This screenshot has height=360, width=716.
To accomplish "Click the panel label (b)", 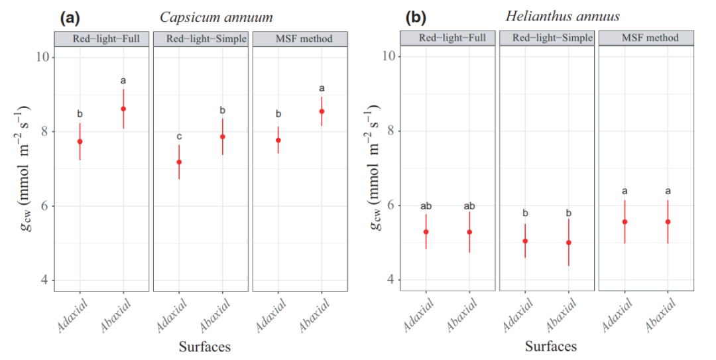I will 416,18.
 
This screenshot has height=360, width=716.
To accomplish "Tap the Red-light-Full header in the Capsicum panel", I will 102,38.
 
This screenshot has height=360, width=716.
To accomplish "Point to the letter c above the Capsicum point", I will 179,137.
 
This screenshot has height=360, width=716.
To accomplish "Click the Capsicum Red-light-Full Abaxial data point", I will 123,109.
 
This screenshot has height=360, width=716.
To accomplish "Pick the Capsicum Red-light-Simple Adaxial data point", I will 179,162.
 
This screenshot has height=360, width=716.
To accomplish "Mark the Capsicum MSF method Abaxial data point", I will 322,111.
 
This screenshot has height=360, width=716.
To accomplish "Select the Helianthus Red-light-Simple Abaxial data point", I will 568,243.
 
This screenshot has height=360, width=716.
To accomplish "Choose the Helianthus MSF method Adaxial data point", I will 625,221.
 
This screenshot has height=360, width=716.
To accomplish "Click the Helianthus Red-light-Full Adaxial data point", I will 426,232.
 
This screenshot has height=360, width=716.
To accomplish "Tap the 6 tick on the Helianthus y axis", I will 389,206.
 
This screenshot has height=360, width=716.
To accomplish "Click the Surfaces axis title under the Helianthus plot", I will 551,346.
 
